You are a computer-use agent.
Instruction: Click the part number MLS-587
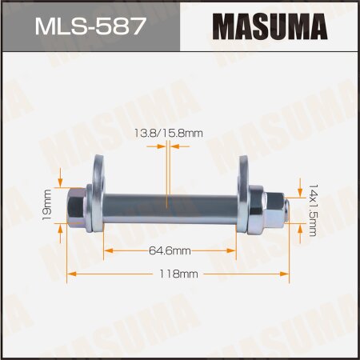coord(90,26)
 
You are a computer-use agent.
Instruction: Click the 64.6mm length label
coord(169,250)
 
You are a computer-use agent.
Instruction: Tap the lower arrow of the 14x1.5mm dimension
coord(300,232)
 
